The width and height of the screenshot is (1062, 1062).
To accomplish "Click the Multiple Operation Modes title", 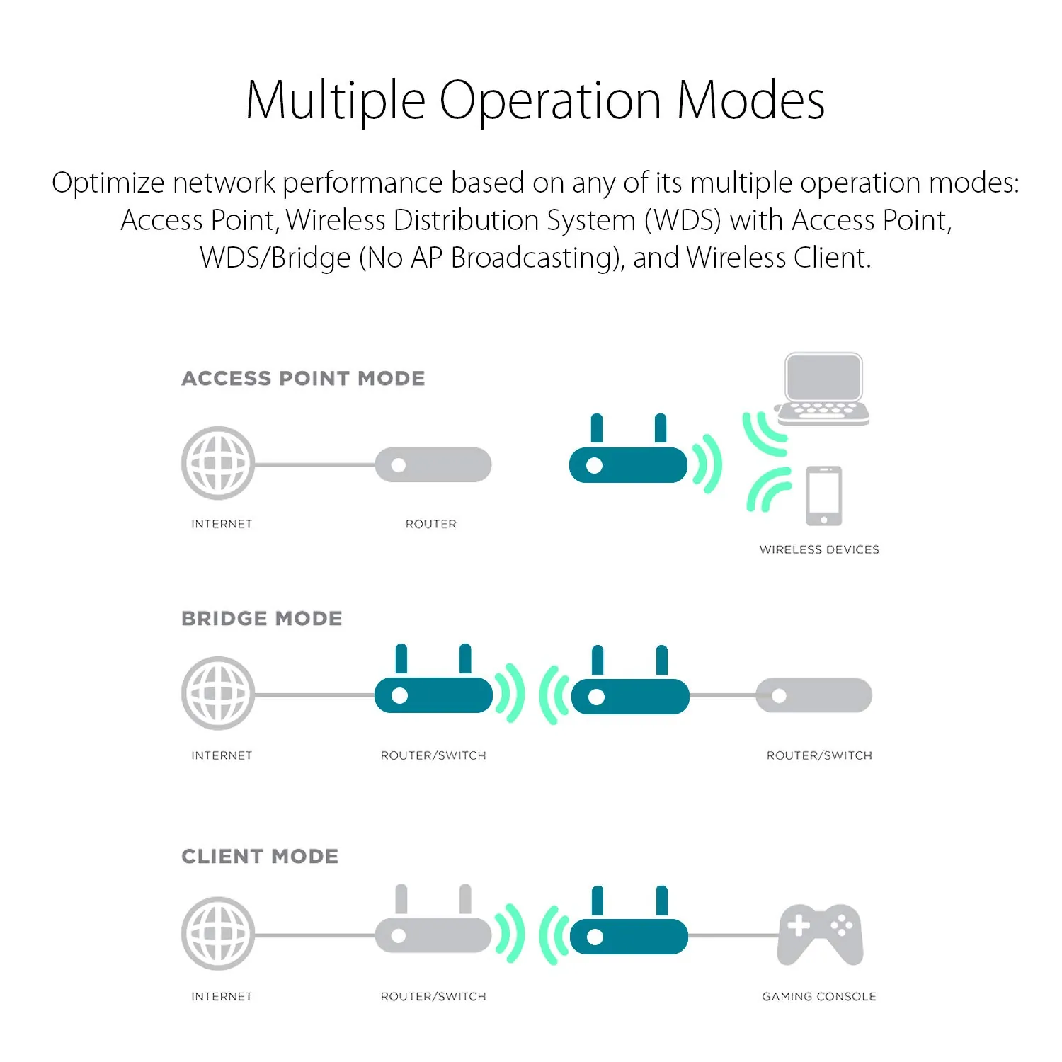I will pos(535,101).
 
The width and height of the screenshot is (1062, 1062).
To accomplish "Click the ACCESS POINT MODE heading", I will pos(303,379).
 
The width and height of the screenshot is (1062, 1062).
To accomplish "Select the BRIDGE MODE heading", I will pos(261,619).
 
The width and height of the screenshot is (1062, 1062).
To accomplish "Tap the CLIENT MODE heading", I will pos(260,857).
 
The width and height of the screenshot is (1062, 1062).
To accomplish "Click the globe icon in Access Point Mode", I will pos(218,463).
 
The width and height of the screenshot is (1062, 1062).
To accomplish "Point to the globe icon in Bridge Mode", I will pos(218,694).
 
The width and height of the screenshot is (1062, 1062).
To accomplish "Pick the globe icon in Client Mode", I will pos(218,934).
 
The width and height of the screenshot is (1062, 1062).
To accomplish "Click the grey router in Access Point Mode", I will pos(433,465).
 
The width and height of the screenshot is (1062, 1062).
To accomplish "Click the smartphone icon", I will pos(824,496).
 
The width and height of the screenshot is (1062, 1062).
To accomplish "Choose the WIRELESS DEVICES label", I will pos(819,549).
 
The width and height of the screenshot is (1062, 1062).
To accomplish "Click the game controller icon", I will pos(820,934).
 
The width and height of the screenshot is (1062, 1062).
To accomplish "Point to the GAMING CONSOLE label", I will pos(818,997).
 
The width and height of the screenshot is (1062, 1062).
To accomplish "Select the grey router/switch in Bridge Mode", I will pos(814,695).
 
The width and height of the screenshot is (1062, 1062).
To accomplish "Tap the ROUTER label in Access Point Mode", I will pos(430,524).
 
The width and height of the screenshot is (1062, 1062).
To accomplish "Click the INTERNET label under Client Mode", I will pos(222,997).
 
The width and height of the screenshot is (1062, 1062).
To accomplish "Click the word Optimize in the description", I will pos(108,183).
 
